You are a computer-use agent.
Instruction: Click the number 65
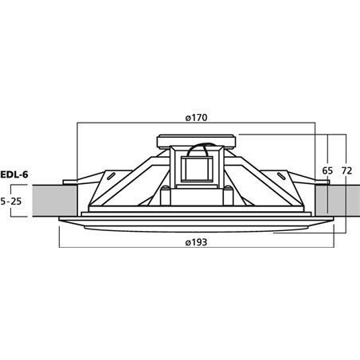pyautogui.click(x=327, y=170)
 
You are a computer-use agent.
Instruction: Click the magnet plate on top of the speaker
pyautogui.click(x=196, y=142)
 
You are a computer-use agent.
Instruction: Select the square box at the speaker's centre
pyautogui.click(x=196, y=169)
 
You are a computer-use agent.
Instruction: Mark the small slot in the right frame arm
pyautogui.click(x=279, y=177)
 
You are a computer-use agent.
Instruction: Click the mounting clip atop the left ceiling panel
pyautogui.click(x=69, y=180)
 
